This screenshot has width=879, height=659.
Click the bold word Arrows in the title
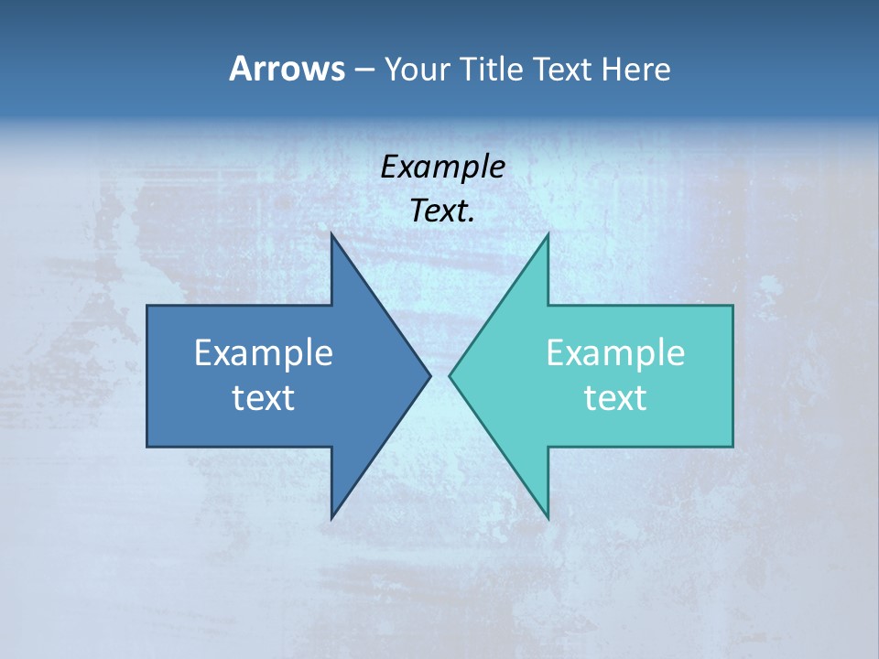click(287, 69)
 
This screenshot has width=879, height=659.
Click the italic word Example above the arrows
click(442, 167)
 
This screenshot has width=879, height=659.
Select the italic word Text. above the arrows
click(442, 211)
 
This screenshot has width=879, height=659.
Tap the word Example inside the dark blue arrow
click(264, 353)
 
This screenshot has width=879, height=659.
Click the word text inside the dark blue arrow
click(264, 398)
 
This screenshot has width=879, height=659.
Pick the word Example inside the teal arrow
click(615, 353)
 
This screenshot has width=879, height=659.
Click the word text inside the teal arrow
click(615, 398)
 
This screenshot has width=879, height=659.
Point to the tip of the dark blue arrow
click(429, 375)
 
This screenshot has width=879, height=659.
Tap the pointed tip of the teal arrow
click(450, 375)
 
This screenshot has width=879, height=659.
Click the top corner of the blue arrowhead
click(331, 234)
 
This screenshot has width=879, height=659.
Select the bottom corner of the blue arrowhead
click(331, 519)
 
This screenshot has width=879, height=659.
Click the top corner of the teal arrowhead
click(548, 234)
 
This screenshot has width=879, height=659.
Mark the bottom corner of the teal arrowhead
click(548, 519)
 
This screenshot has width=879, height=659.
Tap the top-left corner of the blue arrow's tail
click(147, 306)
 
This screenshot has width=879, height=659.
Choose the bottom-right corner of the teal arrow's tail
click(732, 446)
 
